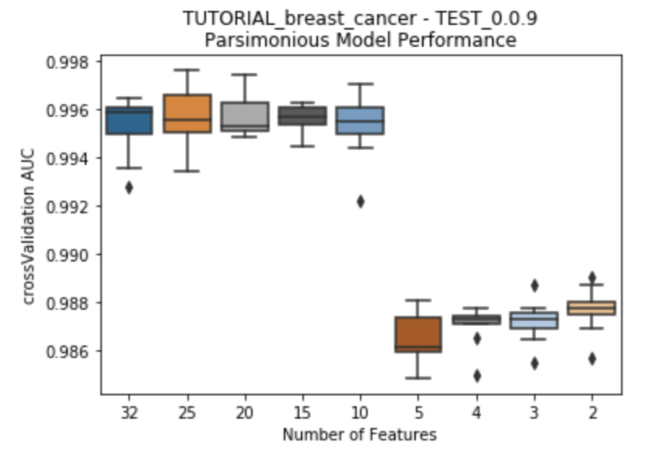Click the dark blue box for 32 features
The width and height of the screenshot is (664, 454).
(129, 120)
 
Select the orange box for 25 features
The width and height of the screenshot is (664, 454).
(187, 113)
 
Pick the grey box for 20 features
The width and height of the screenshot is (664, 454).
(245, 117)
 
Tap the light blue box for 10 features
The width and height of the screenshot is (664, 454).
(360, 120)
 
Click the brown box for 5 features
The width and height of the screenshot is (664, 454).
(418, 335)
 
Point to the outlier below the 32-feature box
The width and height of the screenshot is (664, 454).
(129, 187)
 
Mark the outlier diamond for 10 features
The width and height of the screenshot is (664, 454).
(360, 202)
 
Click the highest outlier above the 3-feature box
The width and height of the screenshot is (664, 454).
(534, 285)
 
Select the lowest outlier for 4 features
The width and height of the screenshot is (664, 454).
(476, 375)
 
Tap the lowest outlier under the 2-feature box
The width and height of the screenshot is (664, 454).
(592, 358)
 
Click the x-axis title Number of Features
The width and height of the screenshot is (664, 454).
(359, 435)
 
